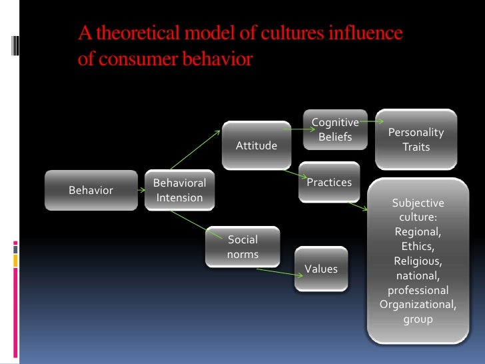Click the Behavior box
click(x=91, y=190)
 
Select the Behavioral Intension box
click(x=179, y=190)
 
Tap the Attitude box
click(x=256, y=145)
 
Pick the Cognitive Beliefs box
click(x=335, y=130)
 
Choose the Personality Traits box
click(x=416, y=139)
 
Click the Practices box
click(x=329, y=181)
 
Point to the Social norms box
click(x=242, y=247)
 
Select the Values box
click(x=321, y=269)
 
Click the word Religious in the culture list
click(x=418, y=261)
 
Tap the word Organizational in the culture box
click(x=418, y=305)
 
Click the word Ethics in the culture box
click(x=418, y=246)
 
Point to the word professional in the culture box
click(x=418, y=290)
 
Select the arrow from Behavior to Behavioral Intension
click(x=141, y=190)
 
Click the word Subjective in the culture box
click(x=418, y=203)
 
